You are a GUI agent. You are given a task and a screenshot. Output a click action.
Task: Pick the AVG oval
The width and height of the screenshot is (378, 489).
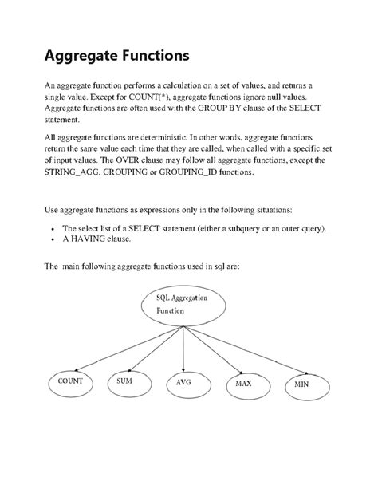(x=184, y=384)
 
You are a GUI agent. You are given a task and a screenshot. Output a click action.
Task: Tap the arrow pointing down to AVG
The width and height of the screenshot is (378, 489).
(x=184, y=343)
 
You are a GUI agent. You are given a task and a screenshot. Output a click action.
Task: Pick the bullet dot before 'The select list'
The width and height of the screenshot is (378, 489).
(x=53, y=228)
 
